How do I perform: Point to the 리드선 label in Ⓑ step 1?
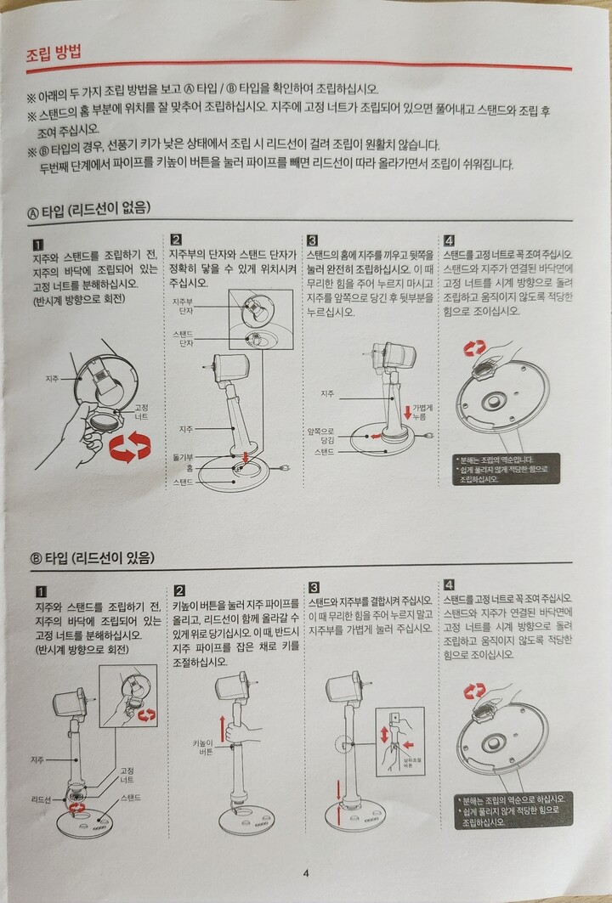[41, 799]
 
